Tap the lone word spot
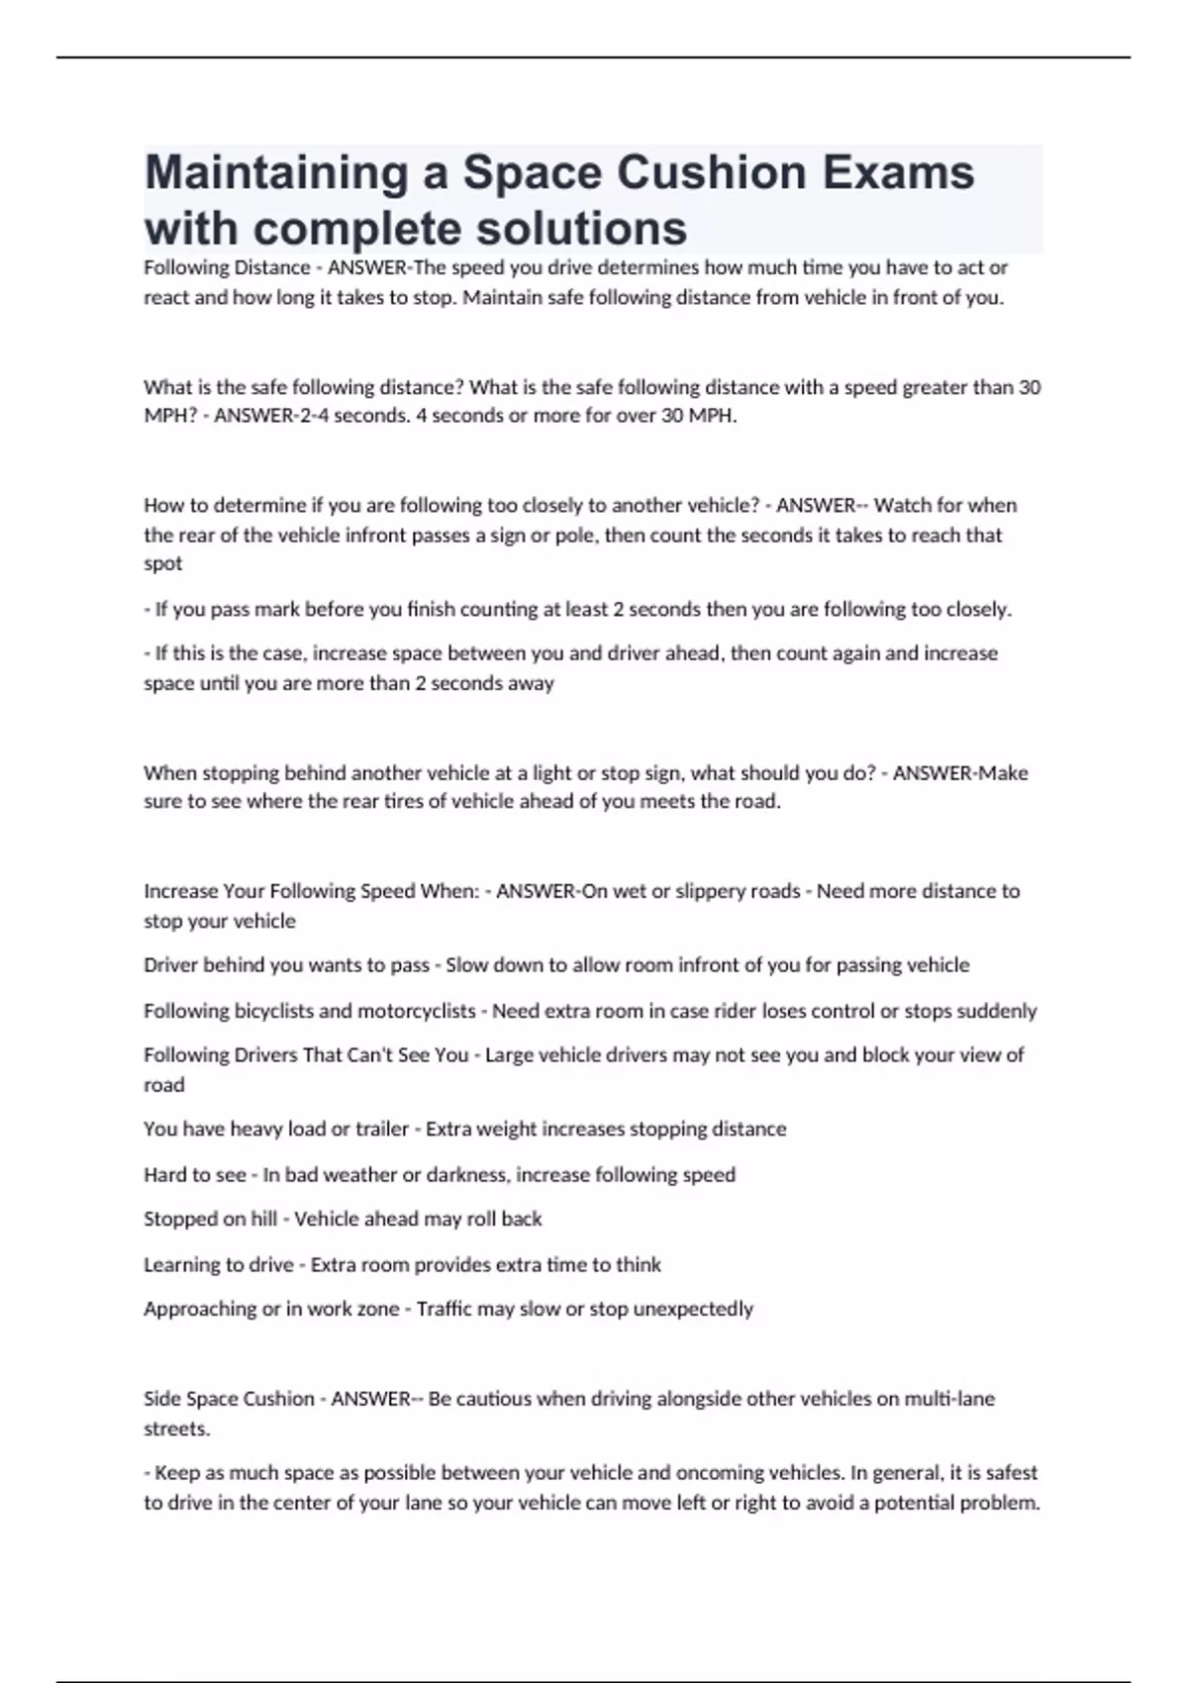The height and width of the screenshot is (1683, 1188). tap(163, 563)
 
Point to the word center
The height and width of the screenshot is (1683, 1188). tap(303, 1503)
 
